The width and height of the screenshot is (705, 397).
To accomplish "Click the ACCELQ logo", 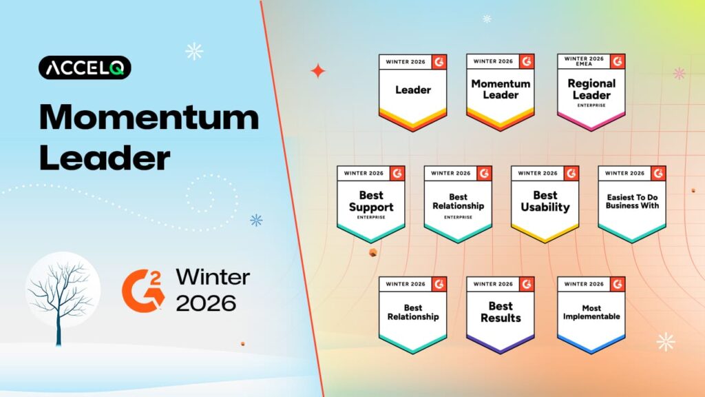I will point(85,68).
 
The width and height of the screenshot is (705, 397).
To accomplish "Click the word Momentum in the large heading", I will point(149,118).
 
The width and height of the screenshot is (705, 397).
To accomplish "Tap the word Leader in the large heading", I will point(105,159).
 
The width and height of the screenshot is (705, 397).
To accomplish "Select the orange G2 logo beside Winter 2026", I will point(143,288).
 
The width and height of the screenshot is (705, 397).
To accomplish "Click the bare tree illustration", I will point(62,296).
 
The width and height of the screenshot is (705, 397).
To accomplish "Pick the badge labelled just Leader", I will point(412,92).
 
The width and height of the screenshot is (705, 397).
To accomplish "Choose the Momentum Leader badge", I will point(501,92).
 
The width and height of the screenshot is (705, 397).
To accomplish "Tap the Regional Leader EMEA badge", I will point(591,92).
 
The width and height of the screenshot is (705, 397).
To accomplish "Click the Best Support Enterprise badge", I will point(371,203).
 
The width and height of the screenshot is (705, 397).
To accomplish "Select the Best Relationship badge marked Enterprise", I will point(458,203).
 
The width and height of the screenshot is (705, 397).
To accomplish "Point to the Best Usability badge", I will point(545,203).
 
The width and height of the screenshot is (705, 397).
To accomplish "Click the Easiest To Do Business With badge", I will point(632,203).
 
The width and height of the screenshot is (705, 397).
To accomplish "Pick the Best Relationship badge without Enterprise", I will point(412,314).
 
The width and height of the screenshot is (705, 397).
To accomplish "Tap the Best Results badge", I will point(501,314).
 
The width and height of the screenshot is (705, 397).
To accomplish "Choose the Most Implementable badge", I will point(591,314).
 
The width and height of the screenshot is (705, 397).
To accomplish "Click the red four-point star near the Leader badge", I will point(317,71).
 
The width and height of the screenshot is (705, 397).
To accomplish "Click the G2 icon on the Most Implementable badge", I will point(618,283).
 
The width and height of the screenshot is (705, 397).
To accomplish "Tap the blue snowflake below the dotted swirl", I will point(256,220).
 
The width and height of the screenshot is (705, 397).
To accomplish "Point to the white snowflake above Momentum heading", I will point(194,50).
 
